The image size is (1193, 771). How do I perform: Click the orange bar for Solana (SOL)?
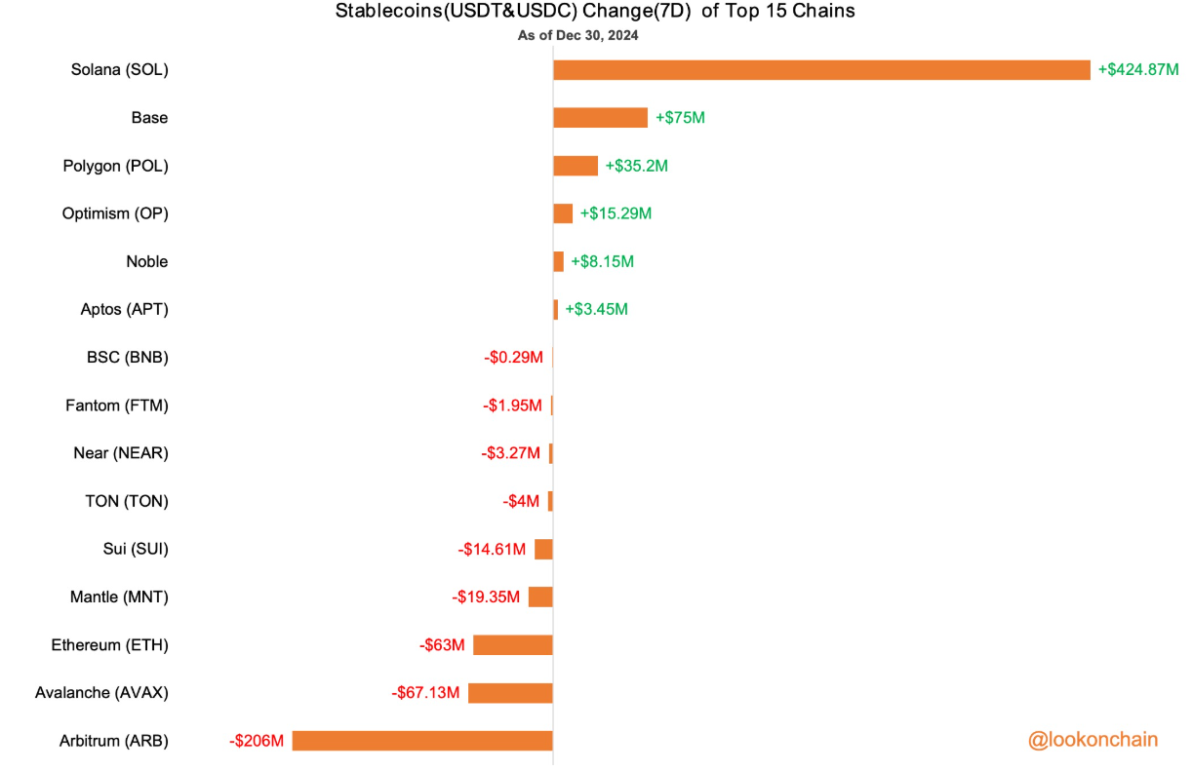point(821,70)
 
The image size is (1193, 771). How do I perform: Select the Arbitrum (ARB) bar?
point(422,741)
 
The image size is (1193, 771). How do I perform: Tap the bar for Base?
point(600,118)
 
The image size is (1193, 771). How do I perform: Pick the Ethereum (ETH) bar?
point(513,645)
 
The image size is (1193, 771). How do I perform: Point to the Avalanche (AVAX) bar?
point(510,693)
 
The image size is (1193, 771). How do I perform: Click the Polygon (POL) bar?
point(576,166)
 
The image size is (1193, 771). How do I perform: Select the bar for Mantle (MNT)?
point(540,598)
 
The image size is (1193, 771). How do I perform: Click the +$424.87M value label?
point(1138,70)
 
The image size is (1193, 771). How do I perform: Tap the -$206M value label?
point(257,741)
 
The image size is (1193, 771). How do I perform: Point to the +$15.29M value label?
point(616,213)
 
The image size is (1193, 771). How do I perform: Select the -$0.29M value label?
point(513,358)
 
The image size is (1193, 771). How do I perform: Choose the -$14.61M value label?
point(492,550)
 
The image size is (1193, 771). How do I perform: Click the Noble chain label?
point(146,261)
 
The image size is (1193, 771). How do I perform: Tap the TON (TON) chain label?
point(127,501)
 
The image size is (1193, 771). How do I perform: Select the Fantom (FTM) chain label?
point(117,405)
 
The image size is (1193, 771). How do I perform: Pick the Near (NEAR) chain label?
point(121,453)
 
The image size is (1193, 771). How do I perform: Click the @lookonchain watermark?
point(1093,740)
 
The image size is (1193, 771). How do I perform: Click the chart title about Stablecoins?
point(596,13)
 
